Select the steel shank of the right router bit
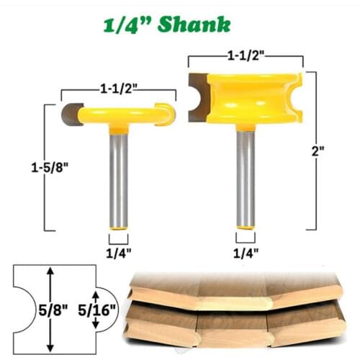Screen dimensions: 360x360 246,180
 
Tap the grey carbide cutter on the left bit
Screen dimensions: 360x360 71,113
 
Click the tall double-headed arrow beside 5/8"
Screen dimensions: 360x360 50,307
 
